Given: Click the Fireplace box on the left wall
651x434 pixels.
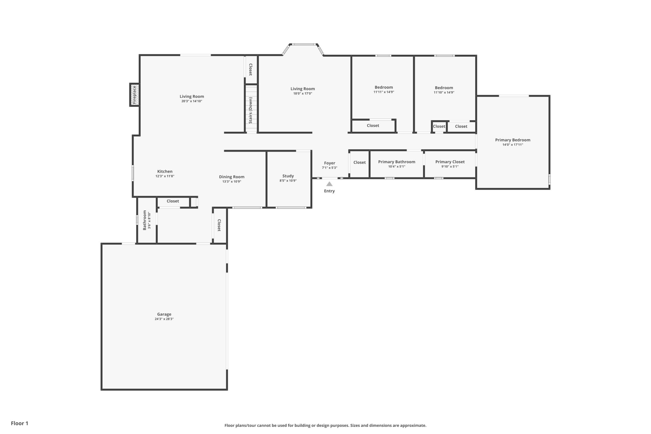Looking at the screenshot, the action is tap(135, 95).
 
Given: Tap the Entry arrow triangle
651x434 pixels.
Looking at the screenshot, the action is tap(329, 184).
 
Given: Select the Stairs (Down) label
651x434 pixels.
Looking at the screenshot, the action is tap(250, 110).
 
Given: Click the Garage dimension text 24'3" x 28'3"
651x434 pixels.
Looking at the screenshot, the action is tap(164, 319).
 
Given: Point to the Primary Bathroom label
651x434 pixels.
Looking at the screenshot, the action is tap(397, 162).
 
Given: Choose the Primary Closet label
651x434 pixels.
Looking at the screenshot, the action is tap(450, 162).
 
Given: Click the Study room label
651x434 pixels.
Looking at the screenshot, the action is tap(288, 176).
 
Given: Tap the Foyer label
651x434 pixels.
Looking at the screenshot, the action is tap(330, 163).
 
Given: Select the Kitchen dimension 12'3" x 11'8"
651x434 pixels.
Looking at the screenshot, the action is tap(165, 176).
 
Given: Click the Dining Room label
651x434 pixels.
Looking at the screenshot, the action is tap(232, 177).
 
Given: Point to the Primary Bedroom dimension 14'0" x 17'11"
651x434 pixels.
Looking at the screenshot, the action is tap(513, 144).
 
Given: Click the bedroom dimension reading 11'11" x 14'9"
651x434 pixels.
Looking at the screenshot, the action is tap(384, 92).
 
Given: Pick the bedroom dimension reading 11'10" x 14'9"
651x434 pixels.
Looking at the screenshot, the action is tap(444, 93).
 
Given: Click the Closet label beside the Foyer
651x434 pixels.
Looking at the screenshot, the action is tap(360, 162).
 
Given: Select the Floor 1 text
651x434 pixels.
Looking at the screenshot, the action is tap(20, 423).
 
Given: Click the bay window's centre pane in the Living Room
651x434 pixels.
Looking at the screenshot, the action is tap(304, 44).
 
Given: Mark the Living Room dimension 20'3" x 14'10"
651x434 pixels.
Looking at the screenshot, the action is tap(192, 101).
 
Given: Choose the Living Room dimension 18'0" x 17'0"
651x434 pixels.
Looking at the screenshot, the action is tap(303, 93).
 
